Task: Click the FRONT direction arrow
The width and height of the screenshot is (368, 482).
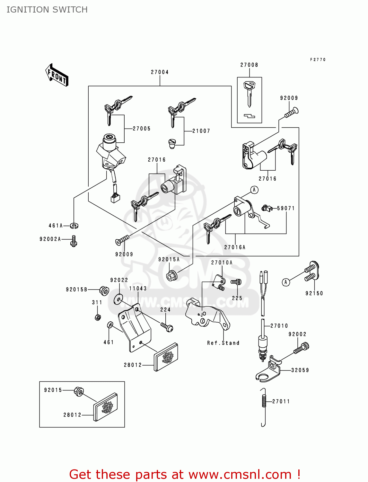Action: pos(57,75)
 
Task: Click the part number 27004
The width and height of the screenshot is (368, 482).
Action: pos(160,72)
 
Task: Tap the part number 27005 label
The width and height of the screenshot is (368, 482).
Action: pos(142,129)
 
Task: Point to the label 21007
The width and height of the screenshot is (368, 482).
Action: pos(201,131)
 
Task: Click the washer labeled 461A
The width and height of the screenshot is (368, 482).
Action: pos(74,226)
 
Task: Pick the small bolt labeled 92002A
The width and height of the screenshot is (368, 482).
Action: pos(74,241)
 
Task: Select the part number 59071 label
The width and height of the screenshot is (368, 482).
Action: pos(286,208)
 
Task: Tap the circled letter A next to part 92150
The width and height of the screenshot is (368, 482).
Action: pos(286,282)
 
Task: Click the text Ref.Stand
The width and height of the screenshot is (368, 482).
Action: pos(223,343)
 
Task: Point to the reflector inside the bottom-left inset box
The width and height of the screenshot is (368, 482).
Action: pos(105,407)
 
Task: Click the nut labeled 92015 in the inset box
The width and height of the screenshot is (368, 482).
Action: pos(79,391)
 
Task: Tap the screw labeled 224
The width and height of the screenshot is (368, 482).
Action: pos(167,327)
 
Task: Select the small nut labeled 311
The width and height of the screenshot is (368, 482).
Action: pos(98,317)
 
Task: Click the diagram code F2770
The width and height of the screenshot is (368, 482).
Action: pos(318,60)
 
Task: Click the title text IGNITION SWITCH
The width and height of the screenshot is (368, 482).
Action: pos(47,10)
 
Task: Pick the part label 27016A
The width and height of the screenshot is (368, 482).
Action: pos(235,247)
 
